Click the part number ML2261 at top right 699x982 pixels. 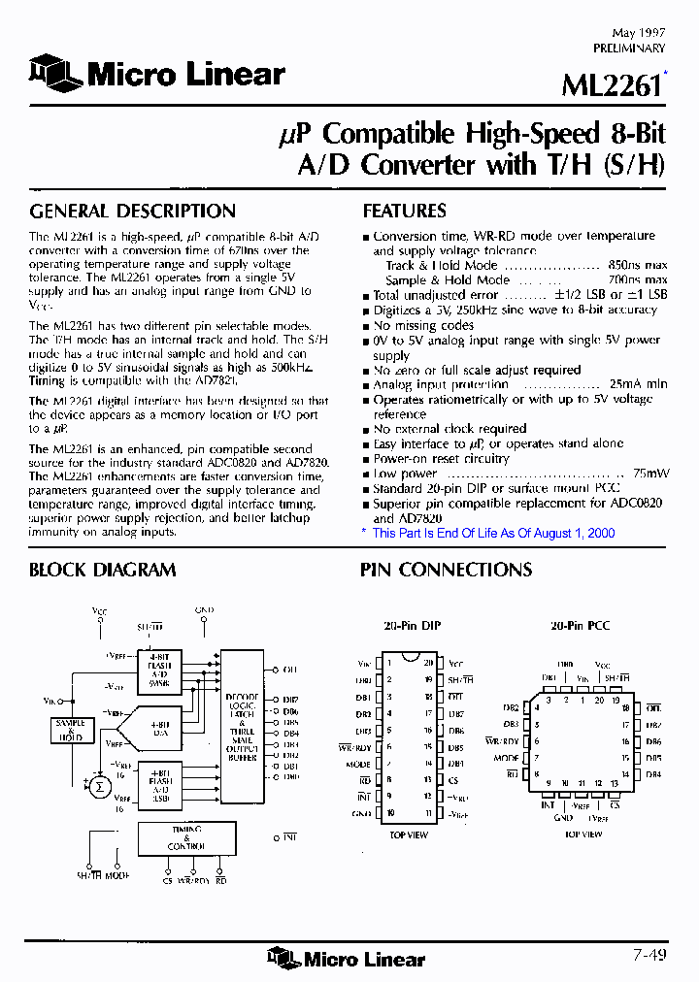(x=612, y=85)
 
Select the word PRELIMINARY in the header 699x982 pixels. (x=628, y=48)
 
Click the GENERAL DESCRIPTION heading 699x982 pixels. (x=132, y=212)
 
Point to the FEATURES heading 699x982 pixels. (x=404, y=212)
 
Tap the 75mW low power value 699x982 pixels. (x=650, y=474)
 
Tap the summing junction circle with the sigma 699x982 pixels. (x=97, y=783)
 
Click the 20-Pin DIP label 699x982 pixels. (x=413, y=626)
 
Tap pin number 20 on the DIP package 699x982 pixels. (x=426, y=664)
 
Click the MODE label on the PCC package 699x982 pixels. (x=507, y=758)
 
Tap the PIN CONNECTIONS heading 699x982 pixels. (x=446, y=571)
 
